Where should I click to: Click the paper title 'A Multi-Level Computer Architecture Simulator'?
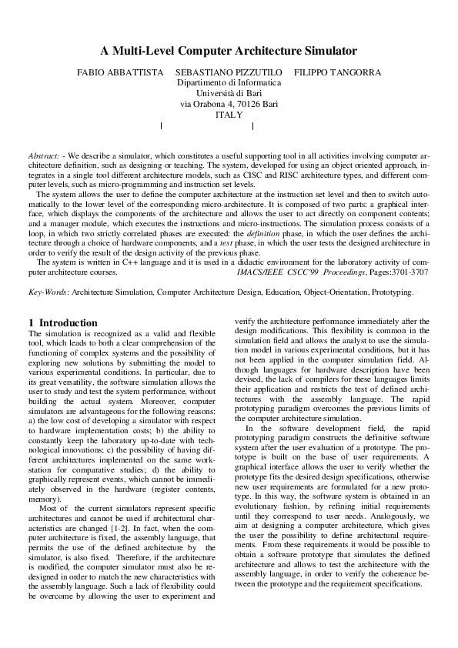(x=229, y=52)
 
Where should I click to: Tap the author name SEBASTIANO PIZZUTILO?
(x=229, y=72)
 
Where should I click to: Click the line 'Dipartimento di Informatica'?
(x=229, y=82)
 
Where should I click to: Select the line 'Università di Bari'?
(x=229, y=93)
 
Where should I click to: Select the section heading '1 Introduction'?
(x=63, y=322)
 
